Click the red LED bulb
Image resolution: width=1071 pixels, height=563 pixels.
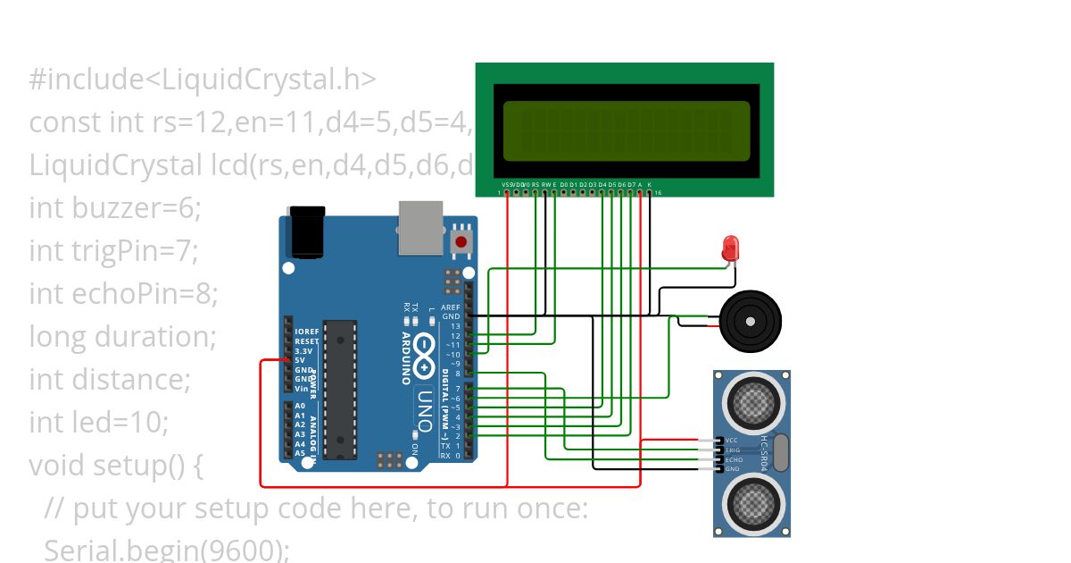731,247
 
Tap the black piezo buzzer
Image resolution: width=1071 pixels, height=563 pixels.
750,320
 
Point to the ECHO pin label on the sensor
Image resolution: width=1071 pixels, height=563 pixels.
732,459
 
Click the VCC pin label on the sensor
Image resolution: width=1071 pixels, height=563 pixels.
732,441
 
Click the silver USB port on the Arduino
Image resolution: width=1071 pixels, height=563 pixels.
420,223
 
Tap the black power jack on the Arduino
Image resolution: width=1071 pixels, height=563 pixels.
303,232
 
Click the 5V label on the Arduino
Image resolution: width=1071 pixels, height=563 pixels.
301,360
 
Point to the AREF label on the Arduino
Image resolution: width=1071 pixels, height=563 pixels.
451,307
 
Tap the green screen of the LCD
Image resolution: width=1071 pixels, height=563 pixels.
627,130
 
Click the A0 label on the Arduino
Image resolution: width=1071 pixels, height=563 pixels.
301,407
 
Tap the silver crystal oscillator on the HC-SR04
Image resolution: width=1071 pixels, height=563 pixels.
779,452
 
